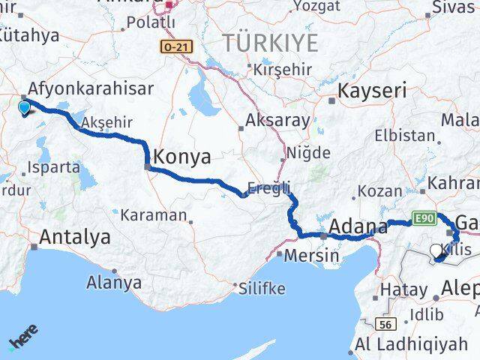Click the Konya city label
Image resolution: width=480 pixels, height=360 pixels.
[182, 157]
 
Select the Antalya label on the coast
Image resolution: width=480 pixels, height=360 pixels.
[74, 238]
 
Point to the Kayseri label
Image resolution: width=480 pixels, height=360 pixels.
[373, 91]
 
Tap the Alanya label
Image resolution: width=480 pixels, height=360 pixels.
[114, 283]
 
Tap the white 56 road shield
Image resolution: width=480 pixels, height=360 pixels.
[385, 324]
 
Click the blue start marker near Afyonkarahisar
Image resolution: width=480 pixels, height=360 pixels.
[25, 109]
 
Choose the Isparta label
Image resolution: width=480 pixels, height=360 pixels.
[52, 167]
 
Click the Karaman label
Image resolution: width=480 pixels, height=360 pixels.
[156, 215]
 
